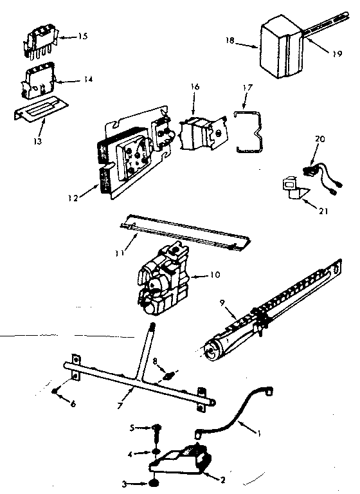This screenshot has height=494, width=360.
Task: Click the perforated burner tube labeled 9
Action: pyautogui.click(x=270, y=309)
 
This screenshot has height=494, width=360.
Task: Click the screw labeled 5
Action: pyautogui.click(x=157, y=428)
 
